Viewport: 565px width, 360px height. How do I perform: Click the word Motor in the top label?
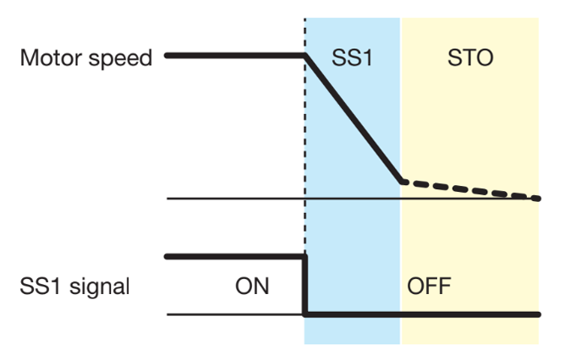(x=47, y=58)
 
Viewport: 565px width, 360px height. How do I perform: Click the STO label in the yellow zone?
(x=469, y=58)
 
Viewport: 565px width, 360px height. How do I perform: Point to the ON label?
(x=252, y=286)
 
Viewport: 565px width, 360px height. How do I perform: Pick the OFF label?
(x=430, y=286)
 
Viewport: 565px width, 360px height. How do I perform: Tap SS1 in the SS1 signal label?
(x=37, y=286)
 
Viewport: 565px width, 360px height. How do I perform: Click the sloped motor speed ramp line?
(x=354, y=118)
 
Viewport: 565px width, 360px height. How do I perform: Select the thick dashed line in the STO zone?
(x=470, y=189)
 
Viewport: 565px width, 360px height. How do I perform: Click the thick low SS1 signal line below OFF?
(x=423, y=314)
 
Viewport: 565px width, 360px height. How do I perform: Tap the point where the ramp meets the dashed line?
(x=401, y=181)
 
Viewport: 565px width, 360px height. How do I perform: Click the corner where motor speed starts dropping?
(x=305, y=56)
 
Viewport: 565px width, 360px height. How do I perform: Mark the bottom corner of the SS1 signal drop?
(x=304, y=314)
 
